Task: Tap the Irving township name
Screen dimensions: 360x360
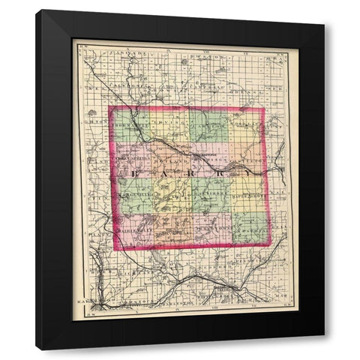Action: (171, 124)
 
